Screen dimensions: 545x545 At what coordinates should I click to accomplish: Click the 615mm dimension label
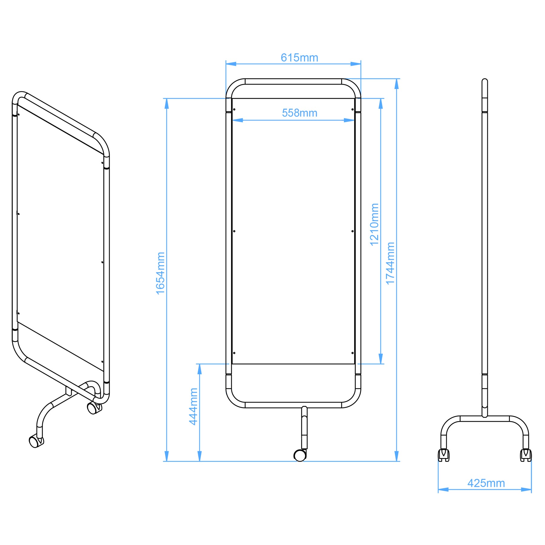(x=299, y=58)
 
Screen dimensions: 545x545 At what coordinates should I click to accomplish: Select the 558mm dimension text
(x=299, y=113)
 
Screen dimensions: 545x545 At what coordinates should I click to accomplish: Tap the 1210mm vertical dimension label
(x=374, y=224)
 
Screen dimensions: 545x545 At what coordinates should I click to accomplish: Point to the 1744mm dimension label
(x=390, y=263)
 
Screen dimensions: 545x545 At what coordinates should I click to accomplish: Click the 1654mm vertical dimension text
(x=160, y=273)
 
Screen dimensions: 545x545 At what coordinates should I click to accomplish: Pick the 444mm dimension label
(x=193, y=407)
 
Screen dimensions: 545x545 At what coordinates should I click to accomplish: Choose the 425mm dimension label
(x=486, y=483)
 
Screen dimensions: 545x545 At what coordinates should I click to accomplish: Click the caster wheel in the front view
(x=300, y=455)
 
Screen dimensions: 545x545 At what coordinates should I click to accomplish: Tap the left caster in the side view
(x=444, y=455)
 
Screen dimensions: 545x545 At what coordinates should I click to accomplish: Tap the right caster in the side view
(x=526, y=455)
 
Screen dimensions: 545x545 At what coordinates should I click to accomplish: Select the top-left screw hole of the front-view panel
(x=234, y=109)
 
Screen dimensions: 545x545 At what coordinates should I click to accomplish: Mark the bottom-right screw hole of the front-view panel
(x=352, y=353)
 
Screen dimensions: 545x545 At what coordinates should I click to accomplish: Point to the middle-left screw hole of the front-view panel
(x=234, y=231)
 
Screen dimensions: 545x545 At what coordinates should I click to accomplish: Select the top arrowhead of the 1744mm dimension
(x=396, y=84)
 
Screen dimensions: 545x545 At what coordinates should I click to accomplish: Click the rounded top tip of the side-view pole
(x=484, y=80)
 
